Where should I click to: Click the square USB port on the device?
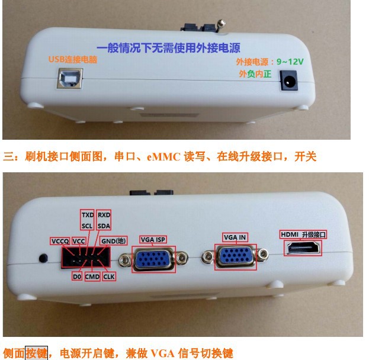coord(70,78)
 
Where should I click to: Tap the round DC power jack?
coord(288,81)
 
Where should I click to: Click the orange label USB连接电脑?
coord(73,59)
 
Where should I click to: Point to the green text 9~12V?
coord(290,62)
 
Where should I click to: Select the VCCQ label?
coord(60,241)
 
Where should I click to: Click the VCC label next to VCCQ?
coord(79,241)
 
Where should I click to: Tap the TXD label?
coord(88,214)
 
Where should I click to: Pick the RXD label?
coord(104,214)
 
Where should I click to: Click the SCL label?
coord(87,226)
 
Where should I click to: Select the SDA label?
coord(104,226)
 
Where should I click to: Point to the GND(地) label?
coord(114,241)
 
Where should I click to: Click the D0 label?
coord(77,277)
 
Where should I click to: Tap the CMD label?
coord(92,277)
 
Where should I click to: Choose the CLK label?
coord(109,277)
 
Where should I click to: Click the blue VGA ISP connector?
coord(153,259)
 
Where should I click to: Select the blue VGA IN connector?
coord(235,256)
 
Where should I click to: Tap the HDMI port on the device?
coord(303,249)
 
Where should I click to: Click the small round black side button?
coord(43,258)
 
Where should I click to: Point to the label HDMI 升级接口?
coord(303,234)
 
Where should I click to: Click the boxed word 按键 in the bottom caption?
coord(37,353)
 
